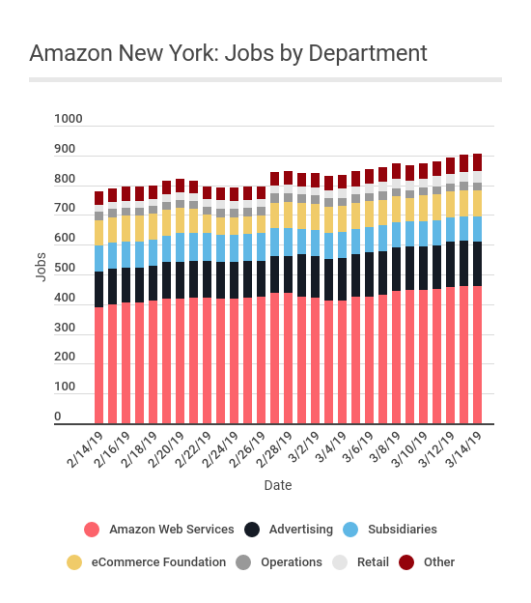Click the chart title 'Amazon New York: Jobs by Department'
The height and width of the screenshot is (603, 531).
(x=228, y=52)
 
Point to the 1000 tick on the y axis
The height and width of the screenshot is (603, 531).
(x=69, y=120)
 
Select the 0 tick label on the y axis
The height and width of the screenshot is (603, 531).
(x=57, y=417)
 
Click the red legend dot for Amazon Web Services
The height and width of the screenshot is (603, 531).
(x=92, y=530)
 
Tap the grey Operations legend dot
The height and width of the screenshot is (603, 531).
(x=244, y=562)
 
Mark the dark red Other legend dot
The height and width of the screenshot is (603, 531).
(x=406, y=562)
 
